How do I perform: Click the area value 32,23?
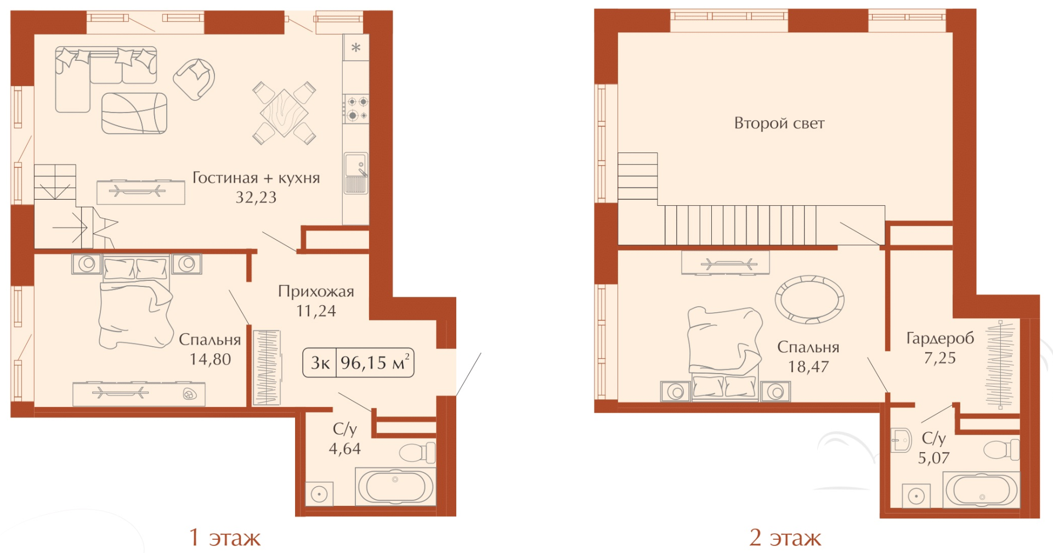[256, 198]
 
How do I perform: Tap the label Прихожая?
[316, 291]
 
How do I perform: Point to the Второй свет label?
[779, 123]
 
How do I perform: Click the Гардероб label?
[940, 338]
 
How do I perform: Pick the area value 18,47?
[808, 367]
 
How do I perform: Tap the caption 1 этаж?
[225, 538]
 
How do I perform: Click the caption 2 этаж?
[785, 538]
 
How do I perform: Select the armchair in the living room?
[194, 79]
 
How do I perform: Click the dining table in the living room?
[284, 113]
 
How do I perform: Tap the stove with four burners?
[356, 109]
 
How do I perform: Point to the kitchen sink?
[356, 173]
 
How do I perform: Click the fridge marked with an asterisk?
[356, 47]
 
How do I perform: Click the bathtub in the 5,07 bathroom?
[981, 490]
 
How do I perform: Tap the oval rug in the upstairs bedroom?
[809, 300]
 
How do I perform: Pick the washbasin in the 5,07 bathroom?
[901, 440]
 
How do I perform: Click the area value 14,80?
[210, 359]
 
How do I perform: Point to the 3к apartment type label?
[320, 363]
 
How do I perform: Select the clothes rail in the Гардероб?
[1000, 364]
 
